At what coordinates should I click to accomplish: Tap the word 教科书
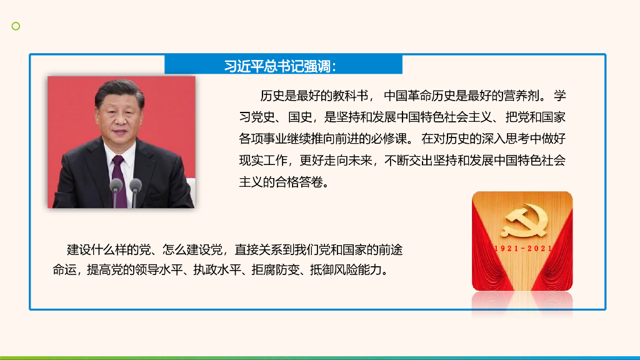pos(351,96)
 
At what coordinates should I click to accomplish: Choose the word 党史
pos(263,117)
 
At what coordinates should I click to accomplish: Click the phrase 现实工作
pos(263,161)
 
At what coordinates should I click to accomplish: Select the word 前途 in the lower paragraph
pos(391,249)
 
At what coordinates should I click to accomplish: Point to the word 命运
pos(64,270)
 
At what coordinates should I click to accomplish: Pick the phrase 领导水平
pos(159,270)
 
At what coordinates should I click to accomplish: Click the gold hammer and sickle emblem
pos(523,222)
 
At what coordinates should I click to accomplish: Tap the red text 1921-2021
pos(523,249)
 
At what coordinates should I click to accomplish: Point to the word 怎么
pos(174,249)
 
